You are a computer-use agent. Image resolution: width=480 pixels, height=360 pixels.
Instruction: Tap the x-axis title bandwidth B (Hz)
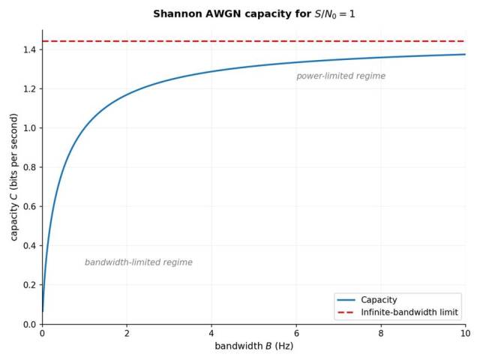253,346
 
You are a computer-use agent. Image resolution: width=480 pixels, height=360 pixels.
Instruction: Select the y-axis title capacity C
14,177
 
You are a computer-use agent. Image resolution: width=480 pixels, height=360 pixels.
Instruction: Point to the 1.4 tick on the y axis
30,49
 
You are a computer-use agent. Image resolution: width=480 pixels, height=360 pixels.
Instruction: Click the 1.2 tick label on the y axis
30,88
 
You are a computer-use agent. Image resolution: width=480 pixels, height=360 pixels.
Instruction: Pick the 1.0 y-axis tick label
30,128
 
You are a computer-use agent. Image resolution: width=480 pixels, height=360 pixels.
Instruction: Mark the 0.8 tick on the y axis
30,167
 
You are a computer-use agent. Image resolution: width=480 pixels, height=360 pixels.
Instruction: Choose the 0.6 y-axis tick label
30,206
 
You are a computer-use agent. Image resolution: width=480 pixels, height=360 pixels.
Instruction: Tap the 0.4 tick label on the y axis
30,246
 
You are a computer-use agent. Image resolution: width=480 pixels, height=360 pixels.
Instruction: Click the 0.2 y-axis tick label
30,285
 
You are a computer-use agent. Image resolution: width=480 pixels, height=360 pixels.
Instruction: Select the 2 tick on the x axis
127,333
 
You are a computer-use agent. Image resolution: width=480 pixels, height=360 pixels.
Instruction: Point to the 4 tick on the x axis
211,333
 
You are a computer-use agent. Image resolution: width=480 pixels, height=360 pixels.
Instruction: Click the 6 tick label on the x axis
296,333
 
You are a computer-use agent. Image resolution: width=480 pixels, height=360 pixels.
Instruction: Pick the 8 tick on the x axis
381,333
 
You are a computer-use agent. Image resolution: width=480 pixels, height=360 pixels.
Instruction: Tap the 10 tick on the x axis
465,333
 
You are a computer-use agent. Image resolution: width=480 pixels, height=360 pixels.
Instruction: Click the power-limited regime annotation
340,76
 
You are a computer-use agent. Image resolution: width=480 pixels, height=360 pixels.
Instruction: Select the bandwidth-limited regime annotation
139,262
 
